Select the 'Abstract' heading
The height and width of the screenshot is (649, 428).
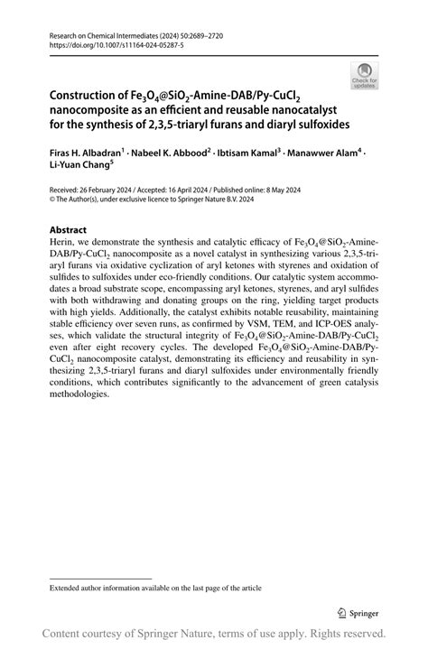click(68, 230)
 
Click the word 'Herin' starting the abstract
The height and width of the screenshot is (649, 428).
click(61, 245)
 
